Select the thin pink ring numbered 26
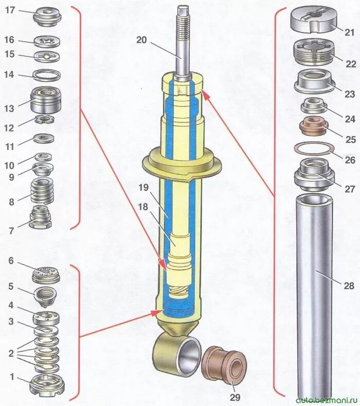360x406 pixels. point(312,149)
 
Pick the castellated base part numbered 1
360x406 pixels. point(47,384)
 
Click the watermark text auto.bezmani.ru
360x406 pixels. point(328,399)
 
